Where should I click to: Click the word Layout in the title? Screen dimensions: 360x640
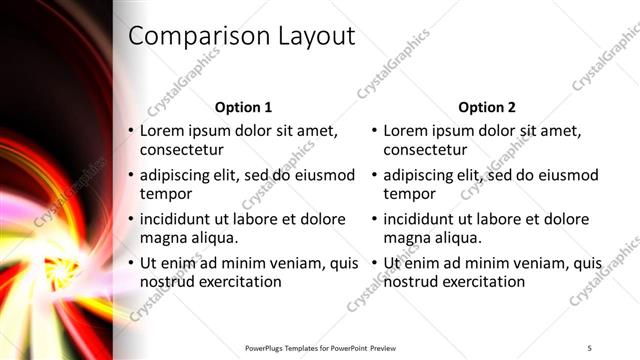click(x=311, y=36)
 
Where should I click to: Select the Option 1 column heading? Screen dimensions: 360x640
click(x=244, y=107)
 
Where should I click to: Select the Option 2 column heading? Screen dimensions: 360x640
click(x=487, y=107)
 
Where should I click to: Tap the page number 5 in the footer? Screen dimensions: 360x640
click(x=590, y=347)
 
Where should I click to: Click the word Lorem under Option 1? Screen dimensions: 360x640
click(x=163, y=130)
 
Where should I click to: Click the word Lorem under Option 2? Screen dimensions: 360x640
click(x=406, y=130)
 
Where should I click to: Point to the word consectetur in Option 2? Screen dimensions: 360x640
click(x=425, y=150)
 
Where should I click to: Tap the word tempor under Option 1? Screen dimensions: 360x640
click(x=165, y=194)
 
